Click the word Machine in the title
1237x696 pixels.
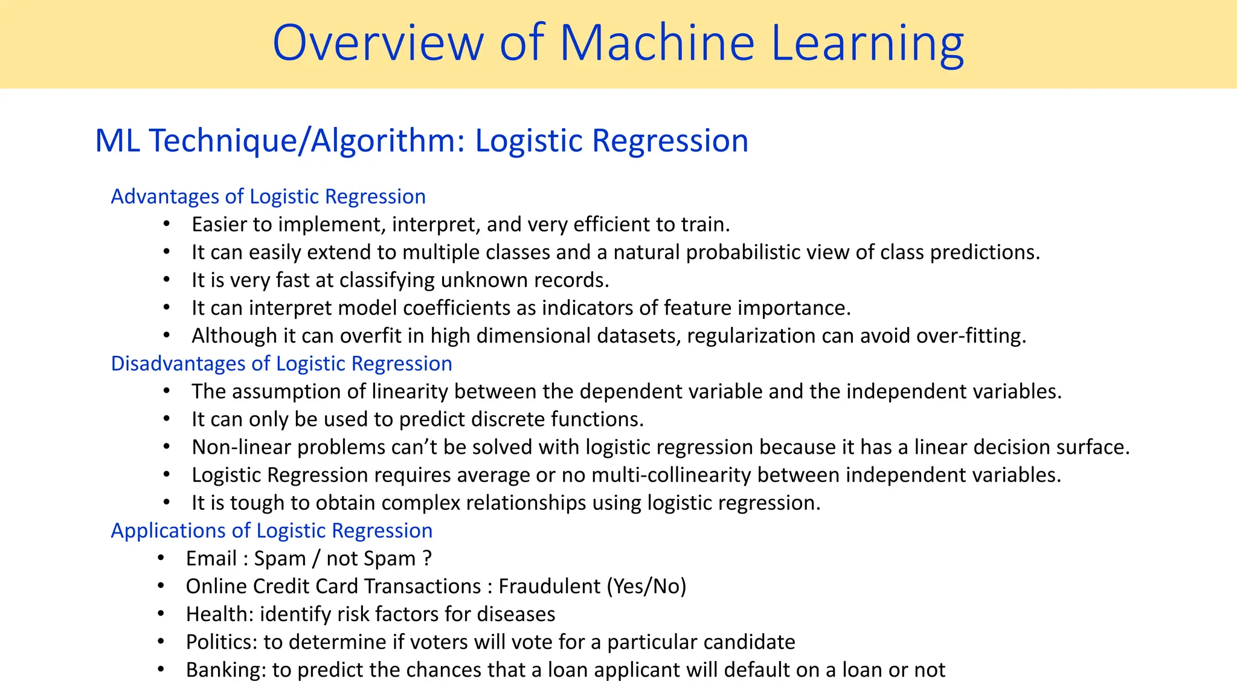(657, 43)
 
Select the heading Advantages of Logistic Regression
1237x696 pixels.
(268, 196)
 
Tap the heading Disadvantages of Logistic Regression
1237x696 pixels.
(281, 363)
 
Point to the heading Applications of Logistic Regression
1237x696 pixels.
(272, 530)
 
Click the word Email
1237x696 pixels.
(211, 558)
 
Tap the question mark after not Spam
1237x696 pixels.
(427, 558)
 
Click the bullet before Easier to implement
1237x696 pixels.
(167, 224)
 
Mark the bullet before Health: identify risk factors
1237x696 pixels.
(161, 614)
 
